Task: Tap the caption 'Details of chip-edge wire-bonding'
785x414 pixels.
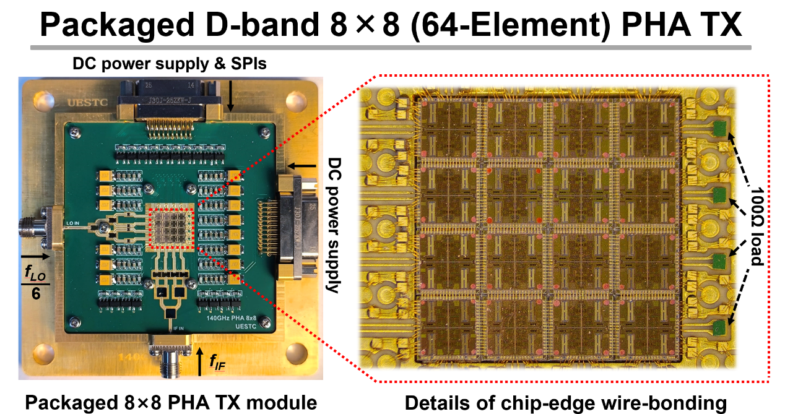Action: click(565, 403)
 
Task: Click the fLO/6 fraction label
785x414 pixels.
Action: click(36, 282)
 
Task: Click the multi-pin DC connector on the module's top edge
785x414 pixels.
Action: click(168, 106)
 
